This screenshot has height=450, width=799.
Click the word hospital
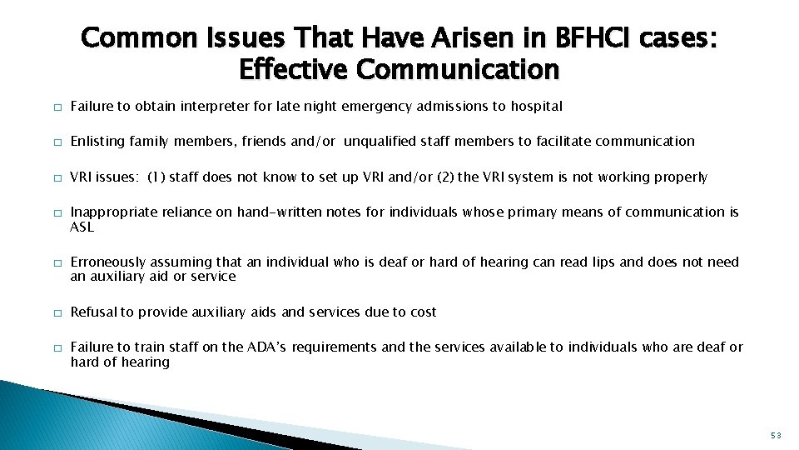(x=535, y=107)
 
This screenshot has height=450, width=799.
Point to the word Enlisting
(x=97, y=142)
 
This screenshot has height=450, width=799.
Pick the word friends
(x=263, y=142)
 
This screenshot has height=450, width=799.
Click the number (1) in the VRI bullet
(x=157, y=177)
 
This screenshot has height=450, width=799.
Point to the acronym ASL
(x=82, y=227)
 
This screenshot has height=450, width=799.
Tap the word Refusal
(x=93, y=312)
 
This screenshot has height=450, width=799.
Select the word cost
(x=423, y=312)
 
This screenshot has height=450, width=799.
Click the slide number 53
(x=775, y=434)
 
